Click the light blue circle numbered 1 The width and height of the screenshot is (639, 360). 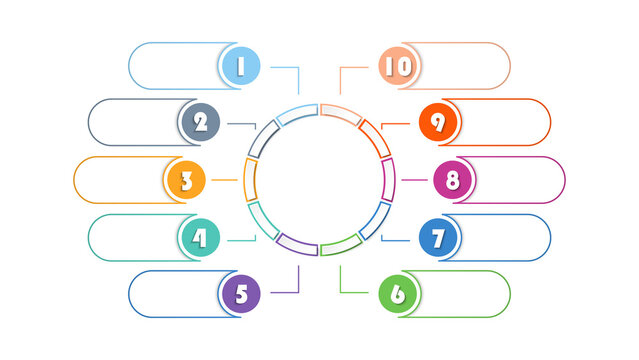click(x=241, y=66)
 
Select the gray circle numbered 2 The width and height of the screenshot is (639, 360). click(x=200, y=122)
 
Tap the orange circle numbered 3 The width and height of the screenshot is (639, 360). click(x=185, y=181)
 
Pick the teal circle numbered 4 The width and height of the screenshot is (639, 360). click(x=200, y=238)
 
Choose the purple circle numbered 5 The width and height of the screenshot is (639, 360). click(x=241, y=294)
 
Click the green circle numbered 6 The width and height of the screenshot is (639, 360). click(x=398, y=294)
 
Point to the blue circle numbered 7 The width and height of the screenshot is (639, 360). click(x=438, y=238)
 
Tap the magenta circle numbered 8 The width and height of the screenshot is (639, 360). click(x=453, y=181)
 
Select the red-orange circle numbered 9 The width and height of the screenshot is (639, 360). click(x=438, y=122)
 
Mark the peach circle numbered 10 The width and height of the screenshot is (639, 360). click(x=398, y=66)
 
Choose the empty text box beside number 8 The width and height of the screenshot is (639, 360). click(x=520, y=181)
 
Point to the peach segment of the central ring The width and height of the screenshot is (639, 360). click(x=340, y=111)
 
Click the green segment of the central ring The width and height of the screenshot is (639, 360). click(x=340, y=245)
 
